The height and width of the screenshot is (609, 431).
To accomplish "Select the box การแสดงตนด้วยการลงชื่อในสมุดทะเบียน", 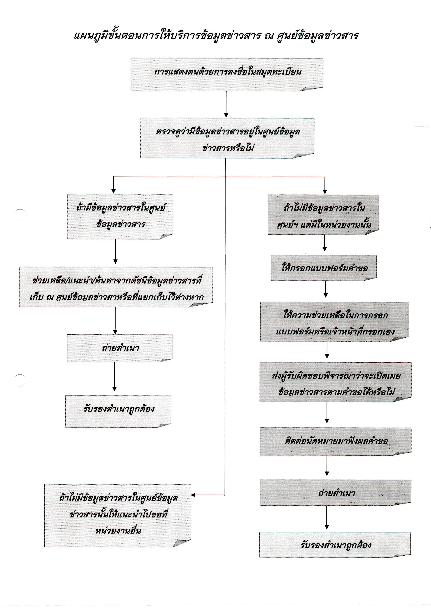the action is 227,75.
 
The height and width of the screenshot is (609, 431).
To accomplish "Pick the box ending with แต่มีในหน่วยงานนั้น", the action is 323,215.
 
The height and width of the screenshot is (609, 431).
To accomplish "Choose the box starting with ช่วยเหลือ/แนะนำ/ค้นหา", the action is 116,287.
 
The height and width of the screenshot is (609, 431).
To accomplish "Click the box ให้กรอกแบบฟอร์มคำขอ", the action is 324,268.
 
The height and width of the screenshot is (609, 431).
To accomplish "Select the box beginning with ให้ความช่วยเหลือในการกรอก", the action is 334,322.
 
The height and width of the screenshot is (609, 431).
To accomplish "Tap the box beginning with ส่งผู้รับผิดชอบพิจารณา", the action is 335,382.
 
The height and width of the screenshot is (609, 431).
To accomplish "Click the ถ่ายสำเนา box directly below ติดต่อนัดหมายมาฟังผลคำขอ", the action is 335,493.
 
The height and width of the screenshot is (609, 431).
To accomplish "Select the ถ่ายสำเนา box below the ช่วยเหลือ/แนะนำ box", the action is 120,348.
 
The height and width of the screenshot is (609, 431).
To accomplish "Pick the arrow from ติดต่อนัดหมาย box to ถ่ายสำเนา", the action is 327,466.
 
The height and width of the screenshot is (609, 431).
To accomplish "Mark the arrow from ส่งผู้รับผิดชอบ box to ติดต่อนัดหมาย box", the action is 327,413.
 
